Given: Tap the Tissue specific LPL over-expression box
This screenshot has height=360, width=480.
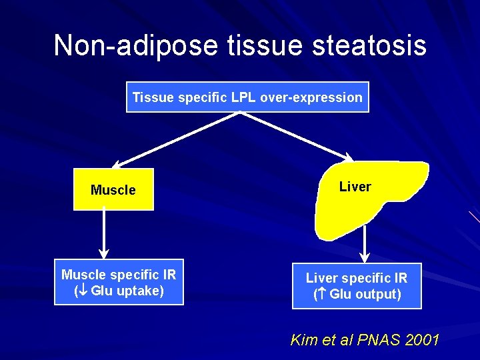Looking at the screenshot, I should pos(247,97).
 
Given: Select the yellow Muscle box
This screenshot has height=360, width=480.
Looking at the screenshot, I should pos(113,190).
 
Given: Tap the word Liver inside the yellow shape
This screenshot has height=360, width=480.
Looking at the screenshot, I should pos(355,187).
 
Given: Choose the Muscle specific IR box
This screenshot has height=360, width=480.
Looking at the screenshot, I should pos(119,283).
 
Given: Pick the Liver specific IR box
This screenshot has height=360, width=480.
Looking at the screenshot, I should pos(356,286).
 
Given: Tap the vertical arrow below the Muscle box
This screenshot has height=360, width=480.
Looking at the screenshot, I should pos(103,235).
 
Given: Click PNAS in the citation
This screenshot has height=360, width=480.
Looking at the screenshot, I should pos(379,340).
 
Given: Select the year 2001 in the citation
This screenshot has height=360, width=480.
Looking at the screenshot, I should pos(422,340).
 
